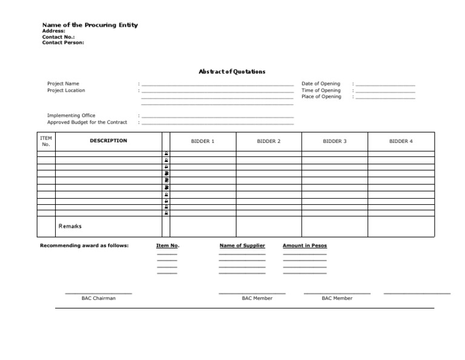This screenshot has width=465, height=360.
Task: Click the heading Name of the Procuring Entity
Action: (90, 25)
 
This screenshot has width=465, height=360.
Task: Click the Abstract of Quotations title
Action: (232, 72)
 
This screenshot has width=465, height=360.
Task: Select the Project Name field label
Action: (63, 84)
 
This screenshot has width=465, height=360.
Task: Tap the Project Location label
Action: (66, 90)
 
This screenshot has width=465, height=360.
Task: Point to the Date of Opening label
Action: (321, 84)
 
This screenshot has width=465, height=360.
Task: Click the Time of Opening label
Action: (321, 90)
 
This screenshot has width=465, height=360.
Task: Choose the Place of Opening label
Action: (321, 96)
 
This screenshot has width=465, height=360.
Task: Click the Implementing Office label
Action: (71, 115)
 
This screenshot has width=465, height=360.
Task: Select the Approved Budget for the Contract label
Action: (87, 122)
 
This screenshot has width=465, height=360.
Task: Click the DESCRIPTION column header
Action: (108, 141)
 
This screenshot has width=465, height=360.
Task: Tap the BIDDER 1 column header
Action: (203, 141)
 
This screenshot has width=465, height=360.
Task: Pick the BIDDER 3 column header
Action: (335, 141)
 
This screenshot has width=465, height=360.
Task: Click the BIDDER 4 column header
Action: (401, 141)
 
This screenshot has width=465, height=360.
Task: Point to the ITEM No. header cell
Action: (46, 141)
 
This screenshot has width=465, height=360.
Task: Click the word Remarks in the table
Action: (70, 226)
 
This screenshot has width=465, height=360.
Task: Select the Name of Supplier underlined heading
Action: (242, 245)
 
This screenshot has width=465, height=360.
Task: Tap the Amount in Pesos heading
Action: (305, 245)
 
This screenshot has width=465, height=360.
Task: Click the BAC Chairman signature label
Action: (99, 298)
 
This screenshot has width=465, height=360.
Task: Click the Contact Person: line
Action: (63, 42)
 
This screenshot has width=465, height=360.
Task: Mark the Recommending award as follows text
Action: (84, 245)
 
